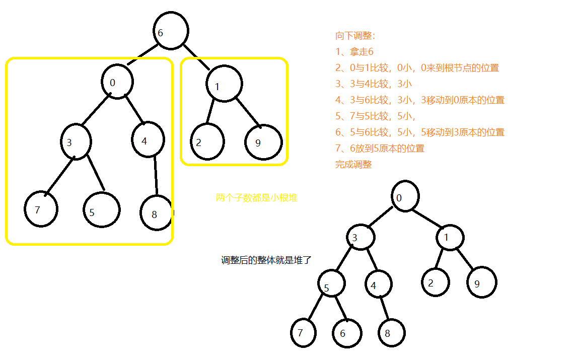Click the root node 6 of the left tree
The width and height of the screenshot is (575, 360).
[171, 31]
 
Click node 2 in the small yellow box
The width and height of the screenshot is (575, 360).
[206, 141]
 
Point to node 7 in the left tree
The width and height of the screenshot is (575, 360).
[41, 208]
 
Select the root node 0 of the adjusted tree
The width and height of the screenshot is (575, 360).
[403, 196]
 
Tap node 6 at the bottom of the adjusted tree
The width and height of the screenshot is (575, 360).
[347, 333]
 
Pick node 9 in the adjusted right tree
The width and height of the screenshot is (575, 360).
[481, 282]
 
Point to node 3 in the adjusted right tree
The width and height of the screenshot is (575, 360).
[360, 237]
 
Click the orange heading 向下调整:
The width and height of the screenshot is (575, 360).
[355, 36]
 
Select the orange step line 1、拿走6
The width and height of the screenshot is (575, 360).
[354, 52]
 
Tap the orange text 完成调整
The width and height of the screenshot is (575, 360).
[353, 164]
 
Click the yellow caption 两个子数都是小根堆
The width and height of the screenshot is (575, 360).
[256, 198]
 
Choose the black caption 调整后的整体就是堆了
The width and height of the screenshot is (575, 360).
[267, 260]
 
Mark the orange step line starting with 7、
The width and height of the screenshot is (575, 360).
[380, 148]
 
